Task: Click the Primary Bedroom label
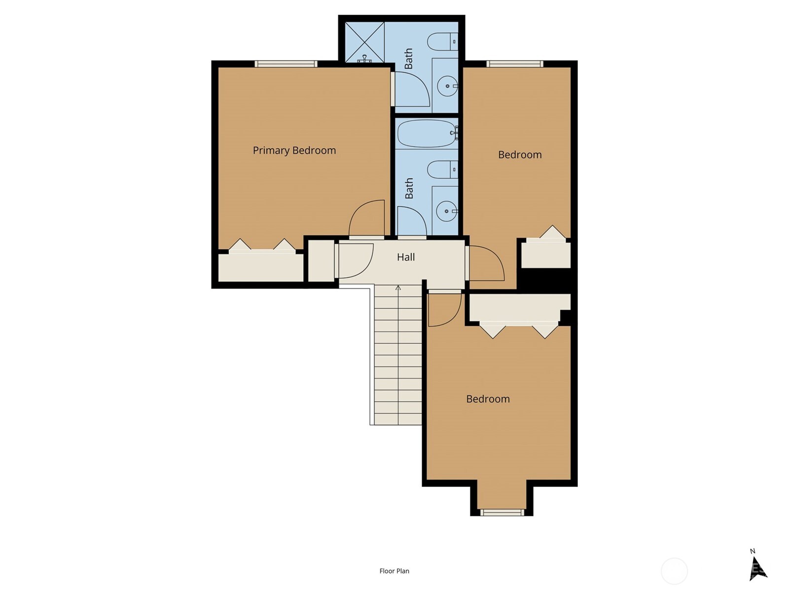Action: pos(294,150)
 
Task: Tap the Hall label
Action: pos(406,257)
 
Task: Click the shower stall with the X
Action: pos(364,42)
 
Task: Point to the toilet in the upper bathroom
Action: pos(442,42)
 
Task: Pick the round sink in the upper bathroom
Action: pos(447,86)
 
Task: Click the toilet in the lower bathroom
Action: pos(442,169)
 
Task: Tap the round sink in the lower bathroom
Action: pos(447,211)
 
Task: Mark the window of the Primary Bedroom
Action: pos(286,64)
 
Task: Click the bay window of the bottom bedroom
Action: pos(502,512)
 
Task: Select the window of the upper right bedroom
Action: pos(515,64)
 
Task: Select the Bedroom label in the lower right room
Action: pos(488,399)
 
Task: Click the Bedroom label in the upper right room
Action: pos(520,155)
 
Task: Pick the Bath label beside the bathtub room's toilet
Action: pos(409,188)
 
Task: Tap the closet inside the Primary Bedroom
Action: pos(261,265)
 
